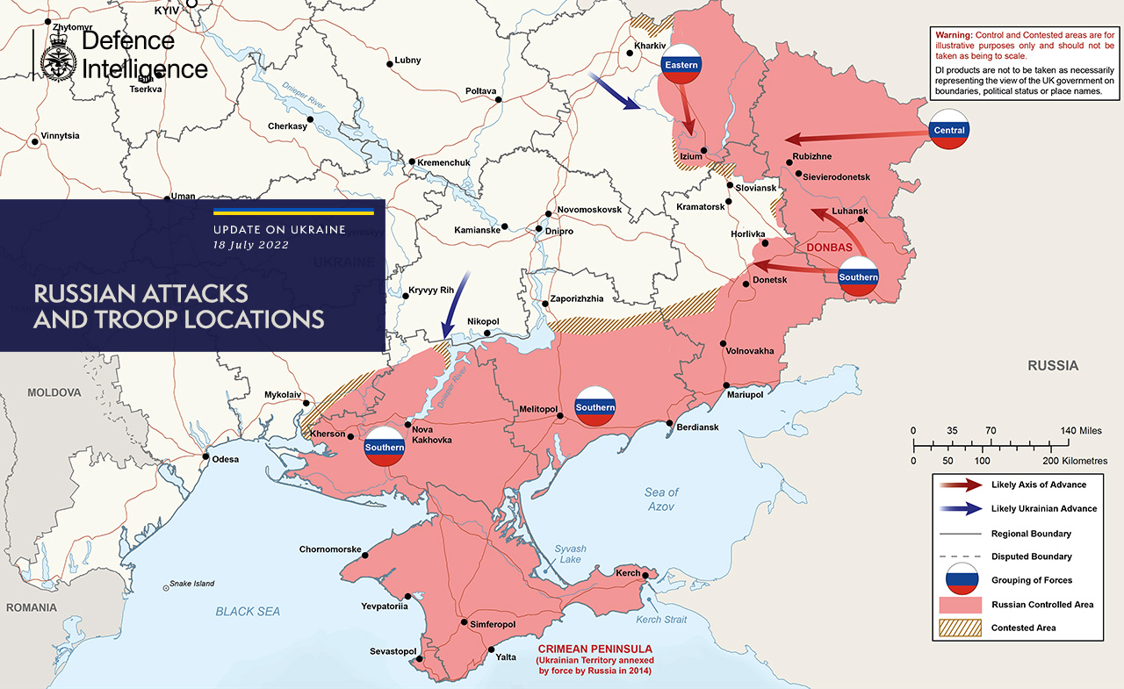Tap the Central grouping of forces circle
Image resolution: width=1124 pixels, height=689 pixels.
click(949, 129)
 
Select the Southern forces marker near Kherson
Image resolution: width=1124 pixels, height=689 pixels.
click(385, 447)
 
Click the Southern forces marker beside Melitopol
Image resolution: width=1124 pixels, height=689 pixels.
click(595, 406)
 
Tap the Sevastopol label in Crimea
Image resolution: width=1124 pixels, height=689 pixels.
click(392, 650)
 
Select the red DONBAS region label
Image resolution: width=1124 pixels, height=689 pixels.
click(829, 248)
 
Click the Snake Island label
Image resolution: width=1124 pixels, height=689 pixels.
click(191, 584)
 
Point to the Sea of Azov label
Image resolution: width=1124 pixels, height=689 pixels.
click(662, 499)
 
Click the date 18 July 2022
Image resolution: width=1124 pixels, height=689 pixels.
click(250, 245)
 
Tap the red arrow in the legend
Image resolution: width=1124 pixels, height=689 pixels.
click(959, 484)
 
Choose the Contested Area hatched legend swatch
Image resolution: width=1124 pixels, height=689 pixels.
click(959, 628)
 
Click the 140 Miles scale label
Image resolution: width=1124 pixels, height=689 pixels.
click(1082, 431)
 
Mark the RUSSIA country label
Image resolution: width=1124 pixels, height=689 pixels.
click(1053, 366)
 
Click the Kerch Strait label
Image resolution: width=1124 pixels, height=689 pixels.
click(661, 620)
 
